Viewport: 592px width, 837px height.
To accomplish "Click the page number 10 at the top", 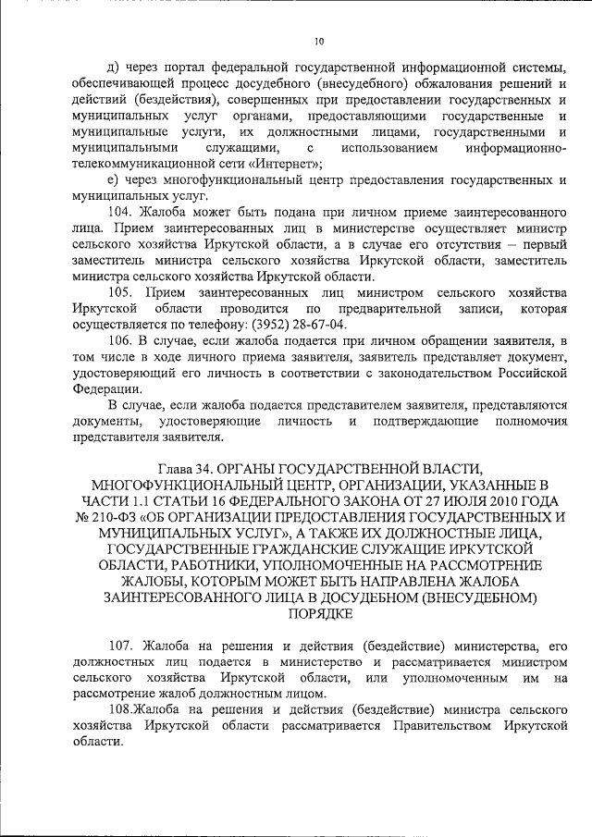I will [x=319, y=42].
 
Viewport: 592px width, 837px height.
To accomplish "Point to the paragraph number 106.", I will [x=121, y=340].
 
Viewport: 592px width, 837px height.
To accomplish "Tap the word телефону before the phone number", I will [x=209, y=325].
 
